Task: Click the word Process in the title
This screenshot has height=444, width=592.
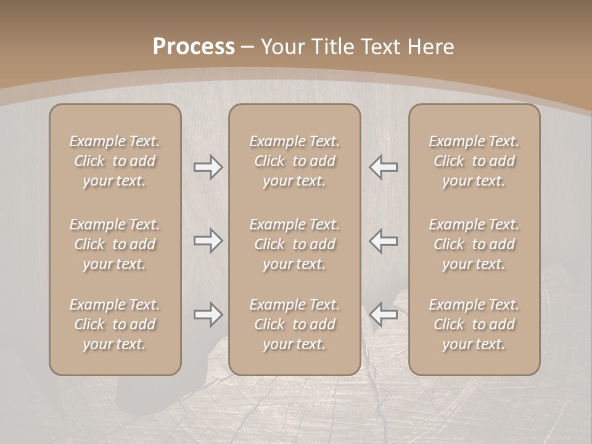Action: [x=194, y=47]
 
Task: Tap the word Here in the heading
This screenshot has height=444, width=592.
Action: [x=430, y=47]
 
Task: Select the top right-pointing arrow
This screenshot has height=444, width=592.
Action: [x=208, y=167]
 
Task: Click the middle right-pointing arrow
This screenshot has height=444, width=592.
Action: [x=208, y=240]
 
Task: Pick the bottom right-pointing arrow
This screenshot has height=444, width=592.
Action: [x=208, y=314]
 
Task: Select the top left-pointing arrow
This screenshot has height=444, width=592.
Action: [x=384, y=167]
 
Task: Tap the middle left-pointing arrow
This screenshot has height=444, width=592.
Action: [x=384, y=240]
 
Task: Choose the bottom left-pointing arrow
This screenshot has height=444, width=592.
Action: [x=384, y=314]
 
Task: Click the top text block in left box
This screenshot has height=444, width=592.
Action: [x=115, y=161]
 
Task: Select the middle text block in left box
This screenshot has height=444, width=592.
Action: [x=115, y=244]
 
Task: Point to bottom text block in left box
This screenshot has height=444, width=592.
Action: [x=115, y=324]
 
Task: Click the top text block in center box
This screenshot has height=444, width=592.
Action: [x=294, y=161]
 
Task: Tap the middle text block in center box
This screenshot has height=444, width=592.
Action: [x=294, y=244]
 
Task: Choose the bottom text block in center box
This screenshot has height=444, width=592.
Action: [x=294, y=324]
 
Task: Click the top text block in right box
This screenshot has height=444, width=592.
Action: [x=474, y=161]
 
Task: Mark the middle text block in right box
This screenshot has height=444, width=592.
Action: [x=474, y=244]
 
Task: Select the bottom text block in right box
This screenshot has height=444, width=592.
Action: [x=474, y=324]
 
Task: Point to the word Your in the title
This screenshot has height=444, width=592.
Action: [x=281, y=47]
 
